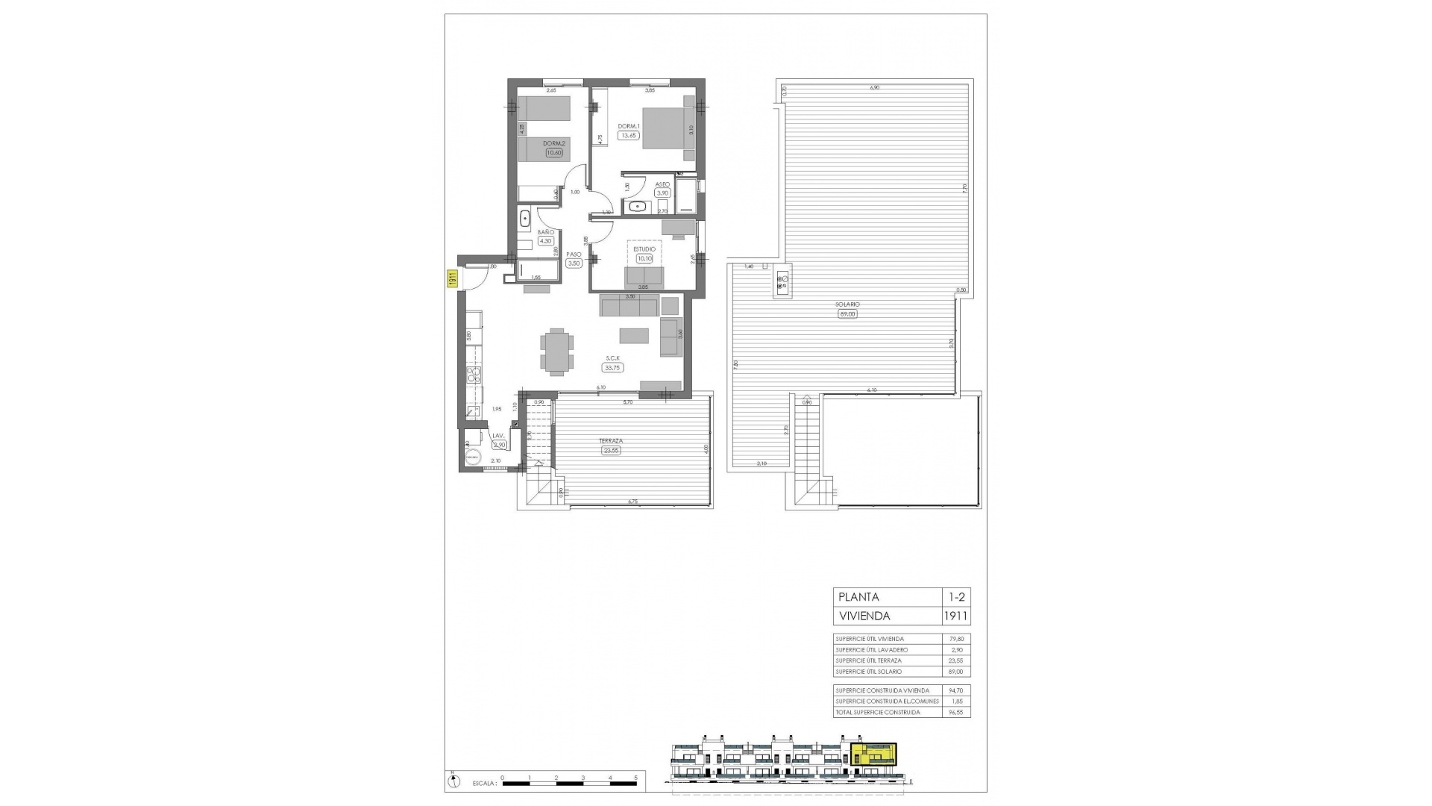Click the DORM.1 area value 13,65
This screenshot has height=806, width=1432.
pos(629,136)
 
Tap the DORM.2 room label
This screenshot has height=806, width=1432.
pos(553,144)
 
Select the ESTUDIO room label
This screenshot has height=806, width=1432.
pos(644,249)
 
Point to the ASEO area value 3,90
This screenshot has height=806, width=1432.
pos(662,193)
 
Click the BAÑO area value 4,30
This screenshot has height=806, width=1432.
pos(545,241)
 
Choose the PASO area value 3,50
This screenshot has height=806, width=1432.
pos(574,263)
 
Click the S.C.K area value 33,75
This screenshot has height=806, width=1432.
pos(613,368)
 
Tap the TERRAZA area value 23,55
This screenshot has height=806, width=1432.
pos(612,450)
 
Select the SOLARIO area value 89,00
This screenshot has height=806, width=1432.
pos(848,314)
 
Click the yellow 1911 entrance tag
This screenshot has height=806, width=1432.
pos(452,279)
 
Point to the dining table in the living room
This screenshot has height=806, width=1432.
pos(557,352)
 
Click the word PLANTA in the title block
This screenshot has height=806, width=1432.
pos(858,597)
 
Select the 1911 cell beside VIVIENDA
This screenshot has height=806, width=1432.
pos(955,616)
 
